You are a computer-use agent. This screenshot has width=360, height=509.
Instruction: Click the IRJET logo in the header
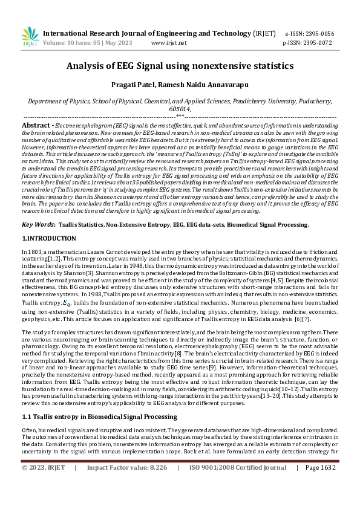click(x=30, y=37)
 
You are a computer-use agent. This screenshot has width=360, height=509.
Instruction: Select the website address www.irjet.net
click(x=169, y=44)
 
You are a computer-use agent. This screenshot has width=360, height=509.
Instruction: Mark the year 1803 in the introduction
click(x=34, y=251)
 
